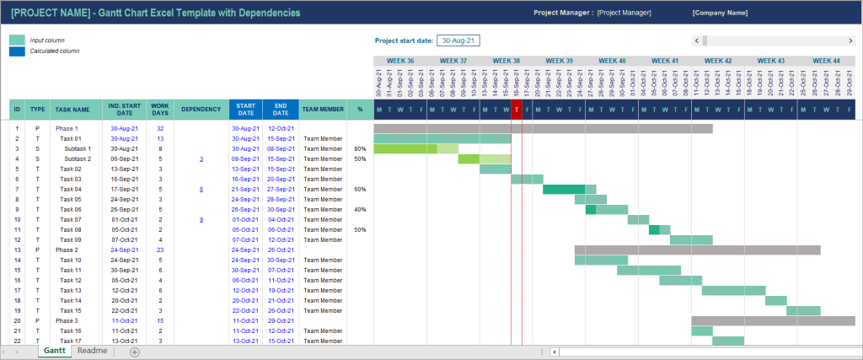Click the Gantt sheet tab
(54, 351)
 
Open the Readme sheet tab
(92, 351)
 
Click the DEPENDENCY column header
(201, 109)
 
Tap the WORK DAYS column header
(159, 109)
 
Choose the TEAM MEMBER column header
(323, 109)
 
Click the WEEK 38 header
(506, 61)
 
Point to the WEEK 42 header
(717, 61)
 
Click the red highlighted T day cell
(517, 109)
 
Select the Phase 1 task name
(67, 128)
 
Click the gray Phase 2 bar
(697, 250)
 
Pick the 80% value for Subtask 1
(360, 148)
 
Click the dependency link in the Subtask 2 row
(201, 159)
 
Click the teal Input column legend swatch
(17, 40)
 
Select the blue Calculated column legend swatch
(17, 51)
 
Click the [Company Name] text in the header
(720, 13)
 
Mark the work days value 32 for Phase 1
(160, 128)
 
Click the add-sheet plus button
(134, 352)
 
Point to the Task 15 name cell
(71, 310)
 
